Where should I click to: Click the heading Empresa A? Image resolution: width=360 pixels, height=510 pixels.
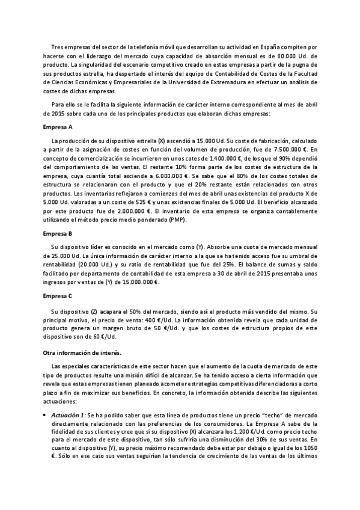pos(58,128)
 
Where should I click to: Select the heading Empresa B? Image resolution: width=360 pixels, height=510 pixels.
pos(58,233)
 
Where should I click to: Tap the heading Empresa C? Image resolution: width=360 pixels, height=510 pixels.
pos(58,296)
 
